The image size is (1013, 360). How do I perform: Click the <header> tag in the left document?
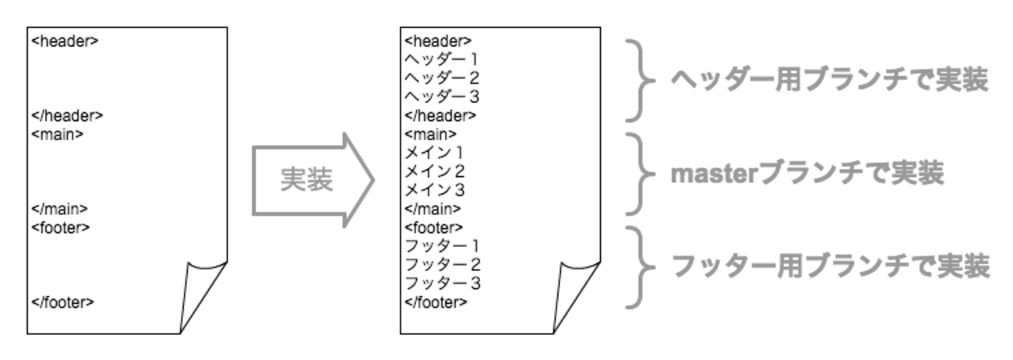click(x=65, y=41)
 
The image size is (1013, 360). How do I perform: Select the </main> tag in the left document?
click(x=59, y=209)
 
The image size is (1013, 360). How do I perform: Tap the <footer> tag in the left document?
click(x=61, y=228)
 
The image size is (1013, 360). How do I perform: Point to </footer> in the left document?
click(x=62, y=302)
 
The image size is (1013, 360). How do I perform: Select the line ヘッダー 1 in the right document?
click(x=442, y=59)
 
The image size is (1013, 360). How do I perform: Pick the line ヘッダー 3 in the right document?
click(x=442, y=97)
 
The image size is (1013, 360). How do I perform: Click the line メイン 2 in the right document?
click(x=435, y=171)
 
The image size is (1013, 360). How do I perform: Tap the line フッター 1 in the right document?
click(x=442, y=246)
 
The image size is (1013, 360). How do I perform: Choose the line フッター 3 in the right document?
click(x=442, y=284)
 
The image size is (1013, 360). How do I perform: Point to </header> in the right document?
click(x=440, y=115)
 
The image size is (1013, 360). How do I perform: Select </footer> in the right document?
click(x=436, y=302)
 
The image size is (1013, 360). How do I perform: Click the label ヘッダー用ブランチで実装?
click(x=829, y=79)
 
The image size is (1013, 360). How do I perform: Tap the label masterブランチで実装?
click(x=807, y=173)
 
